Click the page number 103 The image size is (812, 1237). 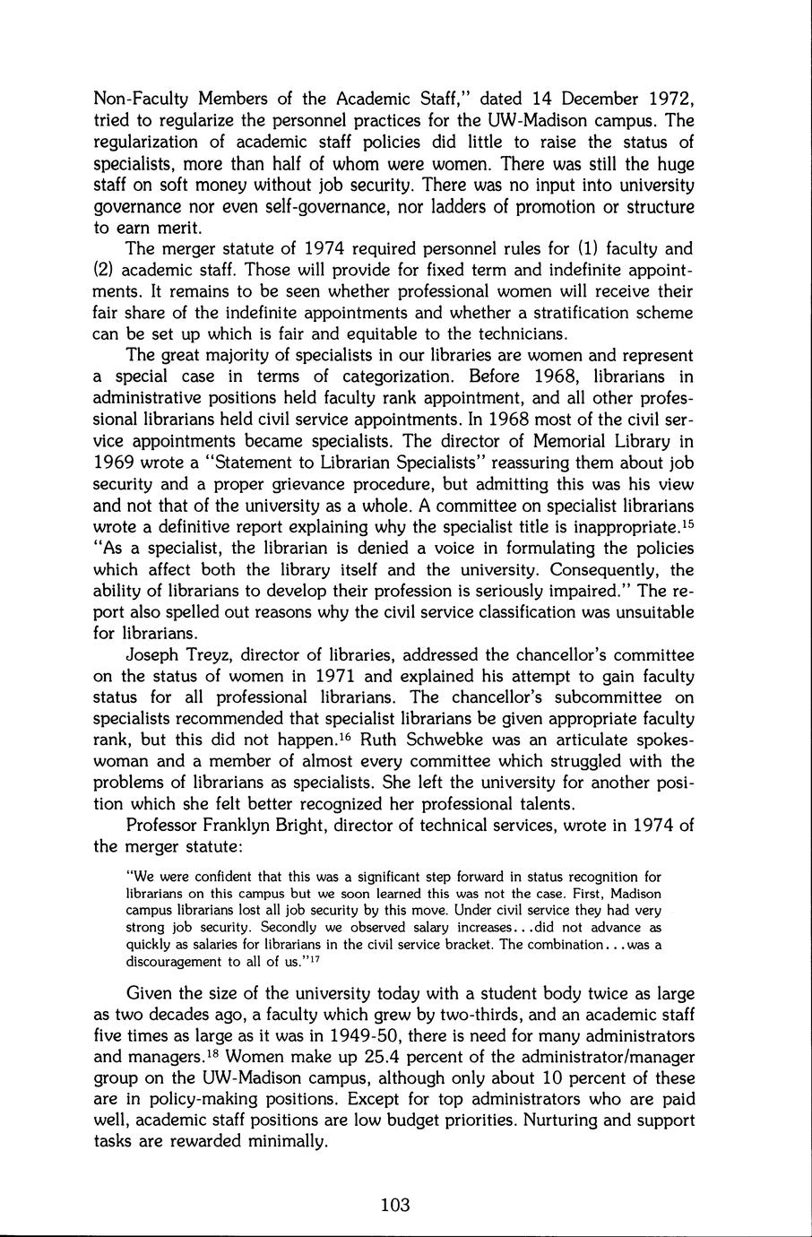[394, 1205]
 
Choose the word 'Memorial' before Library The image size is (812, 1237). [555, 441]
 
